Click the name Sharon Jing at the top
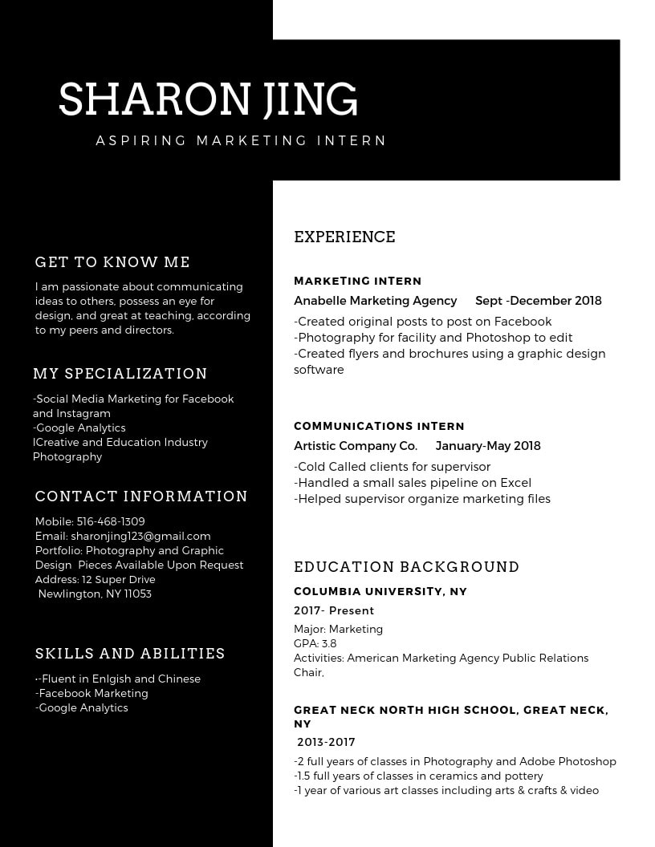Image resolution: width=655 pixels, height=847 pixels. [208, 99]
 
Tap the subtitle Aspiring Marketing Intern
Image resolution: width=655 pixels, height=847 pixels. [241, 141]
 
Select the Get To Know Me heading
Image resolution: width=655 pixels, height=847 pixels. [112, 262]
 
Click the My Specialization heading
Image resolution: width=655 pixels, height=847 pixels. [120, 374]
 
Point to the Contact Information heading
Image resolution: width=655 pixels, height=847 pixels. [141, 496]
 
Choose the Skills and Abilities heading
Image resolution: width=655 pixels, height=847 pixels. [130, 654]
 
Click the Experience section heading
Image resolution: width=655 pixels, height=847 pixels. [344, 237]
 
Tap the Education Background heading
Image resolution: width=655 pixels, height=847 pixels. [406, 567]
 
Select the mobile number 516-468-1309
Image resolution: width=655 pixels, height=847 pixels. [111, 521]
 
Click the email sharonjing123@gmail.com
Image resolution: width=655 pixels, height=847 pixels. [140, 536]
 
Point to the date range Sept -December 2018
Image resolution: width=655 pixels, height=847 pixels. [538, 301]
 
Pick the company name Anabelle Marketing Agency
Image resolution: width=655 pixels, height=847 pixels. [375, 301]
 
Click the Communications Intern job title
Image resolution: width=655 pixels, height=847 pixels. [379, 426]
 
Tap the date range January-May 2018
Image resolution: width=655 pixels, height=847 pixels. [488, 446]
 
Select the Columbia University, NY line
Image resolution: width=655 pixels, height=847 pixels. [380, 591]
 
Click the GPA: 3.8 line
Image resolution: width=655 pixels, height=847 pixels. [315, 643]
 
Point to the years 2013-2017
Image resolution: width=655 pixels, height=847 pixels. [326, 742]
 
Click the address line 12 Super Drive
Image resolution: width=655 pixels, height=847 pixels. [118, 579]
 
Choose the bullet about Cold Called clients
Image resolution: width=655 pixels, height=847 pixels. [393, 467]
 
